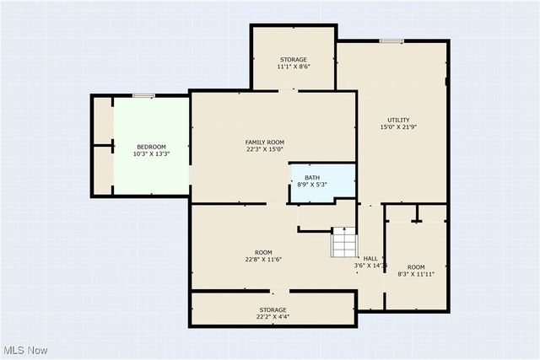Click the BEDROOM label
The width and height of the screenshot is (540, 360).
coord(151,147)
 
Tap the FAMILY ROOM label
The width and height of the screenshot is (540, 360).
coord(265,142)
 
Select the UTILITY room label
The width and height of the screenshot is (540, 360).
coord(399,120)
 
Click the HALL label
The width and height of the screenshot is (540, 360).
coord(370,258)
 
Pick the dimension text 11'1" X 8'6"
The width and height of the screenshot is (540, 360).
coord(294,67)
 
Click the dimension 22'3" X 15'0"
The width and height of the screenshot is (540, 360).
coord(265,149)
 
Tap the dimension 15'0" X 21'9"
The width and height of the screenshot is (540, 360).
coord(399,127)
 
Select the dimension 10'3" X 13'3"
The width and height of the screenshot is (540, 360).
coord(151,154)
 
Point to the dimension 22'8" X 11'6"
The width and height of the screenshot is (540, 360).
coord(264,260)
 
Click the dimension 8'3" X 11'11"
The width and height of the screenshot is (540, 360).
coord(415,274)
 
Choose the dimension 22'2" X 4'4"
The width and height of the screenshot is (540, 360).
coord(273,317)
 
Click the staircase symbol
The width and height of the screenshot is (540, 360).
coord(343,243)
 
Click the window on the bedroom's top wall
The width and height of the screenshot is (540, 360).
coord(143,96)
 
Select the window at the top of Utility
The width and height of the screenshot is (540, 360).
coord(391,40)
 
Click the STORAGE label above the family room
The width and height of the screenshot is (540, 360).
coord(294,59)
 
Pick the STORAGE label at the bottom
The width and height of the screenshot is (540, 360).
coord(273,309)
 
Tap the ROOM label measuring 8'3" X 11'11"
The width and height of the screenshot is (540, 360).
coord(415,266)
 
